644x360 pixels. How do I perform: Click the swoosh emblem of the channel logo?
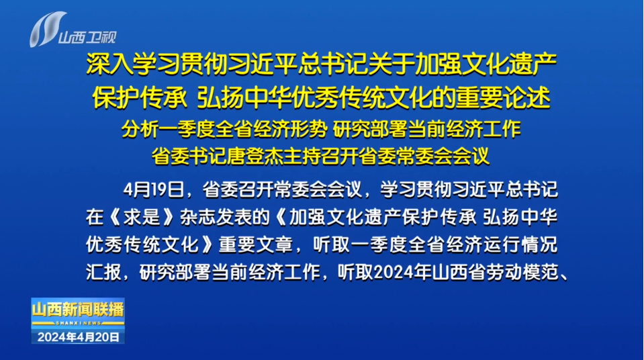coord(46,29)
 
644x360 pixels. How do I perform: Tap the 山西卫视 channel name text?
coord(87,38)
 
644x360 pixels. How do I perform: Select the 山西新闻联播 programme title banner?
coord(78,310)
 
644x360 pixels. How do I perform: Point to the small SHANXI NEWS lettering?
coord(78,323)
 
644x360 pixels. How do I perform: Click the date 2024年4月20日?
coord(79,337)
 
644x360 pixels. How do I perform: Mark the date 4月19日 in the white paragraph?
coord(154,190)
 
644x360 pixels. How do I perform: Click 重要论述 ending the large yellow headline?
coord(503,98)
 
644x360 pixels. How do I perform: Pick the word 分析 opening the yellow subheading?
coord(140,130)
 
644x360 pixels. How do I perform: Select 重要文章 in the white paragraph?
coord(255,245)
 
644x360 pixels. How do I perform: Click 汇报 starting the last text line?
coord(103,272)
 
